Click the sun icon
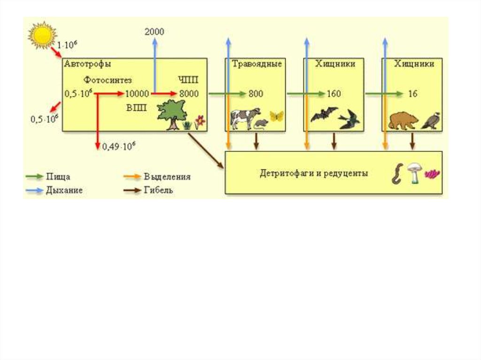click(42, 35)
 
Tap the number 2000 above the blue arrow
click(155, 31)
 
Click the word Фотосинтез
click(108, 80)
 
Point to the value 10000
click(137, 94)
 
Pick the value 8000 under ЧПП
click(188, 94)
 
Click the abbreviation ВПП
click(136, 108)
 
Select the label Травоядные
click(257, 64)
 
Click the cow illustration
click(245, 117)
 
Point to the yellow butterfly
click(277, 116)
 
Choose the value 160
click(334, 94)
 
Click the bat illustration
click(324, 114)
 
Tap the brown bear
click(403, 120)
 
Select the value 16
click(412, 94)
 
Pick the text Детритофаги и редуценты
click(314, 173)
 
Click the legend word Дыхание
click(64, 191)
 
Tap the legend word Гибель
click(158, 191)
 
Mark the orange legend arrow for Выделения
click(132, 177)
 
